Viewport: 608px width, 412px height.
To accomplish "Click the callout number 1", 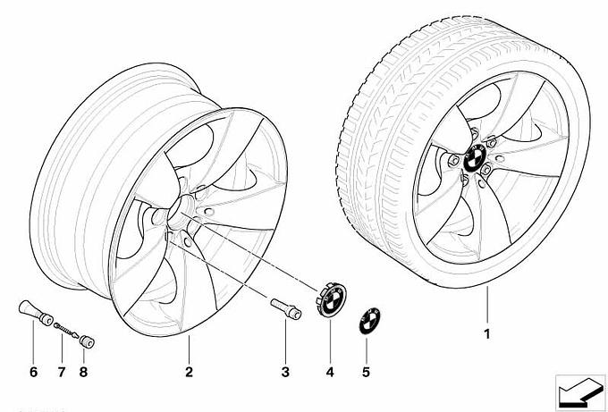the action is (487, 333).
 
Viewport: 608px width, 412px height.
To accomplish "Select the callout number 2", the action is (189, 372).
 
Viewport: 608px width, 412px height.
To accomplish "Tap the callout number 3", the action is (285, 372).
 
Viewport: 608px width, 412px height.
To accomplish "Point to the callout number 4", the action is (330, 372).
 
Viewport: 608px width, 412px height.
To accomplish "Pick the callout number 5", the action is (366, 372).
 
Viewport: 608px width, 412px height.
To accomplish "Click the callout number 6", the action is (34, 372).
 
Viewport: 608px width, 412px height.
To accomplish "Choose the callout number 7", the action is (62, 372).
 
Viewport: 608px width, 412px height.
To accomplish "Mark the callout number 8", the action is (83, 372).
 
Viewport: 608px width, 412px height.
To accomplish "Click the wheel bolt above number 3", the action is (286, 308).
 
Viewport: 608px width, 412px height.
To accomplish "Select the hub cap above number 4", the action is (331, 299).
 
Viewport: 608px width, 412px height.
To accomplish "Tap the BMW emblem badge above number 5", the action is (369, 321).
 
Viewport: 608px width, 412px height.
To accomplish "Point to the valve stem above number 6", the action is (36, 313).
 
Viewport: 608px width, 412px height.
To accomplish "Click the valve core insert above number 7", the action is (67, 330).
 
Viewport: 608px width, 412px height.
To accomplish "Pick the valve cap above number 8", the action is (87, 342).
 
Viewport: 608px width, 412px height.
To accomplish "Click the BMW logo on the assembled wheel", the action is (474, 158).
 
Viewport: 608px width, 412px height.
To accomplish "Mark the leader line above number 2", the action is (189, 349).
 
